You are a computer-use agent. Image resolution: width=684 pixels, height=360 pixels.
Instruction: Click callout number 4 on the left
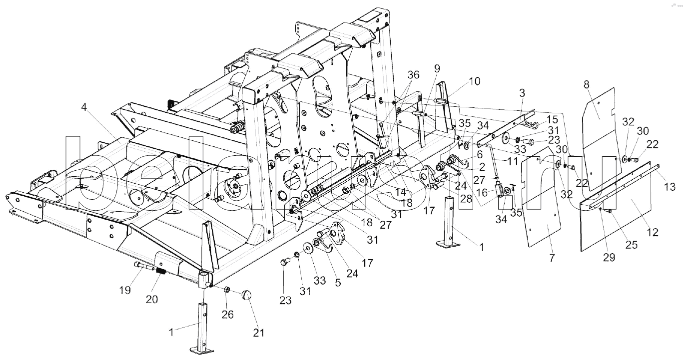click(84, 107)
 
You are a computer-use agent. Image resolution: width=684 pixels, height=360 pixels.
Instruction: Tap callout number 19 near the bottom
click(125, 290)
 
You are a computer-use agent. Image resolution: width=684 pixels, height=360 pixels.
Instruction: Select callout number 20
click(152, 299)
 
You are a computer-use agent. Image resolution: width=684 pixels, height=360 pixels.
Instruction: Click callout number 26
click(228, 314)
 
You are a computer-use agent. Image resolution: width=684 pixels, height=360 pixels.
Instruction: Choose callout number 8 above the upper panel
click(586, 84)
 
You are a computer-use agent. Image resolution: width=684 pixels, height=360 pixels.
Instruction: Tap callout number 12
click(653, 233)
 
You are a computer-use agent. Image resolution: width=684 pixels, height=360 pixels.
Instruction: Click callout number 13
click(670, 186)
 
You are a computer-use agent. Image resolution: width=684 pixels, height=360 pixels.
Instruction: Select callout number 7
click(552, 258)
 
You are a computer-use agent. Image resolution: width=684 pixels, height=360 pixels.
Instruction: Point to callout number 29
click(609, 258)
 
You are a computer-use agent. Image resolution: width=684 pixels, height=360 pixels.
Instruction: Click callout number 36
click(414, 75)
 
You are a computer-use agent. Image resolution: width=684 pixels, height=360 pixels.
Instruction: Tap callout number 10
click(475, 81)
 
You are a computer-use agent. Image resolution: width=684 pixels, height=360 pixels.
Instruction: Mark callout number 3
click(522, 93)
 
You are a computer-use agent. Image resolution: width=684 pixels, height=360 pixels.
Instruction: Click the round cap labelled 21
click(246, 296)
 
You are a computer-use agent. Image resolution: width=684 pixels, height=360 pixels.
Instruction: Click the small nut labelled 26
click(227, 290)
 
